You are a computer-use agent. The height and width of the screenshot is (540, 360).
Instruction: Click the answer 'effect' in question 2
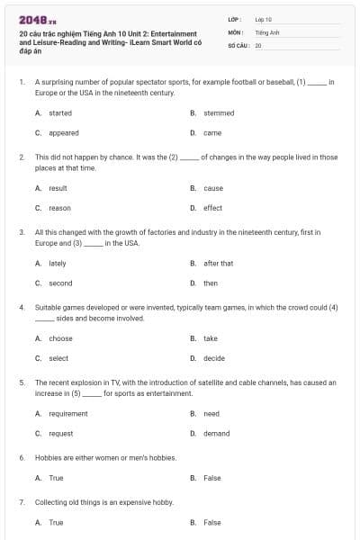[x=212, y=208]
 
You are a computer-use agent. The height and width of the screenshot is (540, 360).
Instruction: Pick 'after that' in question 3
[x=218, y=264]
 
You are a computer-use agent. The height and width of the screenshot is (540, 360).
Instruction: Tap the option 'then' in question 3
[x=211, y=283]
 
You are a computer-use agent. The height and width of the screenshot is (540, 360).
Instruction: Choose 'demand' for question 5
[x=216, y=434]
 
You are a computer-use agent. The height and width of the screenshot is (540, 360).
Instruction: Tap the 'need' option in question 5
[x=211, y=414]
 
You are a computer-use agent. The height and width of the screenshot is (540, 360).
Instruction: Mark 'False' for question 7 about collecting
[x=211, y=522]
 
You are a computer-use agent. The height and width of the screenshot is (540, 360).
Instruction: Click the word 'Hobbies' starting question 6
[x=48, y=457]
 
